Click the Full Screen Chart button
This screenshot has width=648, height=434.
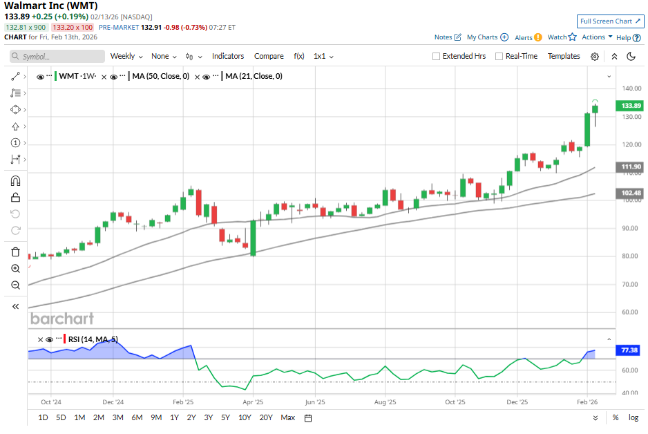click(x=610, y=21)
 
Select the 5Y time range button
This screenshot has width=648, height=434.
click(x=225, y=417)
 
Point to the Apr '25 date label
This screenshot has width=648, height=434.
click(x=253, y=401)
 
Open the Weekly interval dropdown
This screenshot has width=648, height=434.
click(x=126, y=56)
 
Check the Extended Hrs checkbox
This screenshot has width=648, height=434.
click(x=436, y=57)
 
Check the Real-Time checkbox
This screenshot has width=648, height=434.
click(x=499, y=57)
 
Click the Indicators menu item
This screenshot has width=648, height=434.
click(x=227, y=56)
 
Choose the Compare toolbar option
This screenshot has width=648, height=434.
click(x=269, y=56)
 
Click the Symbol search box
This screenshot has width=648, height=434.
click(x=57, y=57)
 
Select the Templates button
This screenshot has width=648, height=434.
click(x=564, y=56)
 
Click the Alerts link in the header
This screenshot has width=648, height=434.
click(x=524, y=37)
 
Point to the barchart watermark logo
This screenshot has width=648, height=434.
click(x=61, y=319)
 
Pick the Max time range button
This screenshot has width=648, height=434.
click(x=288, y=417)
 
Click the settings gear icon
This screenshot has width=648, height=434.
click(x=594, y=57)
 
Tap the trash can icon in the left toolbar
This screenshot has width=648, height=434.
click(x=15, y=252)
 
